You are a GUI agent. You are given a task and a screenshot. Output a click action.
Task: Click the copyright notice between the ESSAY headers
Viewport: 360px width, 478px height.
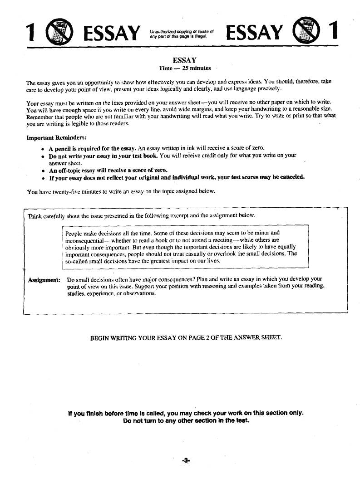tap(181, 33)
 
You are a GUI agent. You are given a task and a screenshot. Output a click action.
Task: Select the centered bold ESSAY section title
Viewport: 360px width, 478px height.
tap(184, 60)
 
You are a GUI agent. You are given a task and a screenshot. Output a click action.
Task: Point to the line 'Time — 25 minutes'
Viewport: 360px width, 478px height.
tap(184, 68)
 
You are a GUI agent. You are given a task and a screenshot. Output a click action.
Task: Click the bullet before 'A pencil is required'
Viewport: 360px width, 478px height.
tap(42, 149)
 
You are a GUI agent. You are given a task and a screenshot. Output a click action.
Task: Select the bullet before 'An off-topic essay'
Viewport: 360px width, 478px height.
tap(42, 171)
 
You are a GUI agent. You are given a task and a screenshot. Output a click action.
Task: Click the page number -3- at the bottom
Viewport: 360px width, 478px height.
tap(185, 460)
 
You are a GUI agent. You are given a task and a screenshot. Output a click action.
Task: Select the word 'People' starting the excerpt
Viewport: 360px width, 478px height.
tap(74, 233)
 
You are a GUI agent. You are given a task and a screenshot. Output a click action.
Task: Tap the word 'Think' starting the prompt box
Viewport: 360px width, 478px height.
tap(35, 215)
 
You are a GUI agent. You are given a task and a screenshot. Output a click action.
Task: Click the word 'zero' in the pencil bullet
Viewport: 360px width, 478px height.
tap(257, 148)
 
